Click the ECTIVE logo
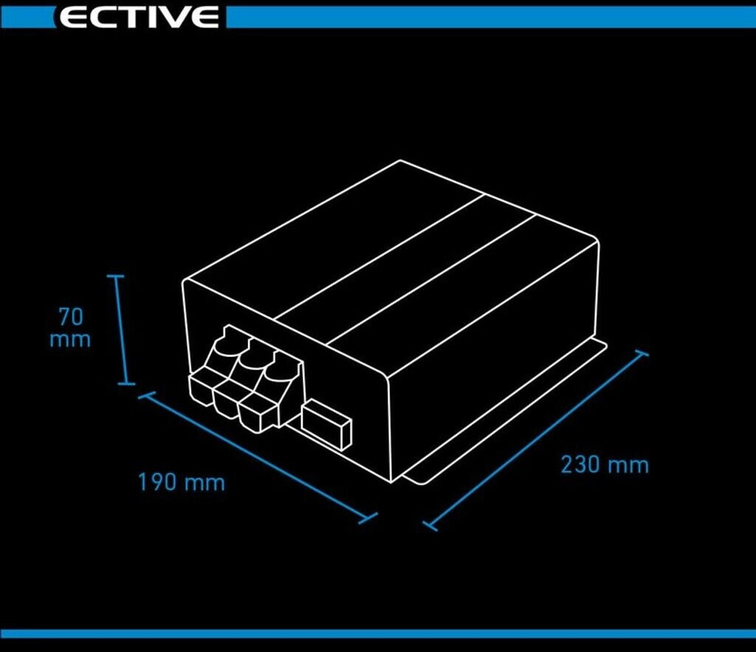coord(138,17)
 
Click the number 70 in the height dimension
coord(71,317)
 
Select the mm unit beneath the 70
coord(70,340)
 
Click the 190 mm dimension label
coord(181,482)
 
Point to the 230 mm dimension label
coord(604,465)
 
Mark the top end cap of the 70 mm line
coord(117,276)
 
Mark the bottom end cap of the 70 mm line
coord(126,383)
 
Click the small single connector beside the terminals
coord(326,424)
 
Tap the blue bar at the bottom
coord(378,634)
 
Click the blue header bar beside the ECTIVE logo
coord(487,17)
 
